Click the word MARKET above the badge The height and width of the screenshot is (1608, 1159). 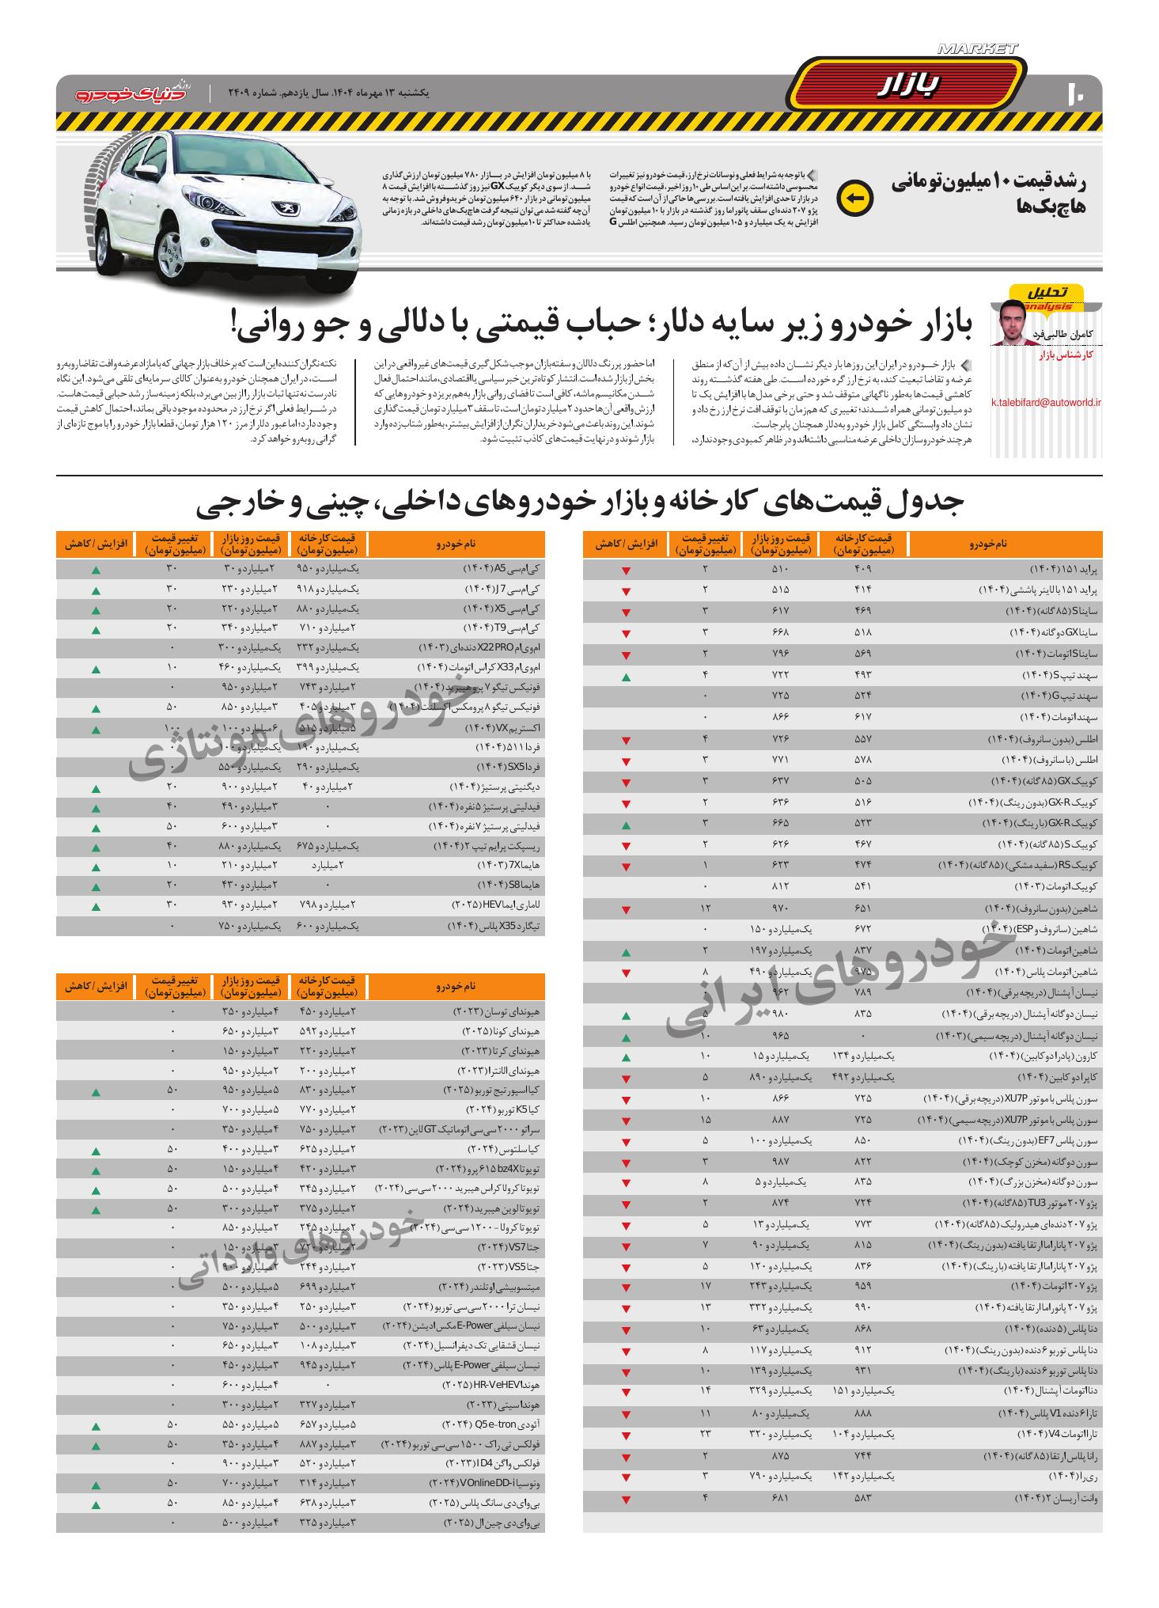979,50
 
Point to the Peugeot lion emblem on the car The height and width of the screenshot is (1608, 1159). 282,208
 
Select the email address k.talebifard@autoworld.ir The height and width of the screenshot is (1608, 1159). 1046,402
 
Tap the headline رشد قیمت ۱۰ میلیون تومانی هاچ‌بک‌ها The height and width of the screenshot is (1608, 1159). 990,195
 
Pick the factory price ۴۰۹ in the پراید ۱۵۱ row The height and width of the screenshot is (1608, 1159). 864,569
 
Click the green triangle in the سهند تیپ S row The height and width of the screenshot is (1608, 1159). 626,678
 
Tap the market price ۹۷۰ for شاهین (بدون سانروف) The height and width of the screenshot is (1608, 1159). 781,908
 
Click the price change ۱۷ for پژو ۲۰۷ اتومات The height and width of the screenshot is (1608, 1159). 705,1284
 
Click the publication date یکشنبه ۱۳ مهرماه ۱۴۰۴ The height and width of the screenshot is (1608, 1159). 356,93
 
